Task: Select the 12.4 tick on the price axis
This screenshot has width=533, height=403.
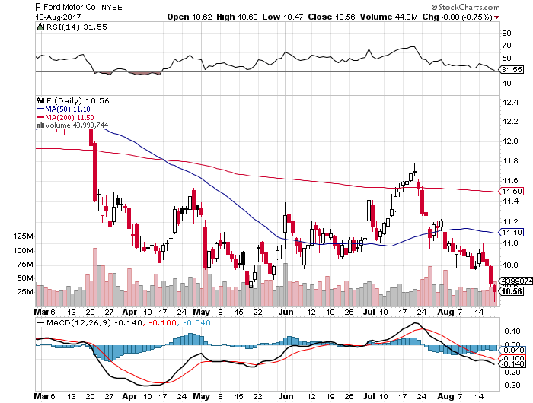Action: click(509, 121)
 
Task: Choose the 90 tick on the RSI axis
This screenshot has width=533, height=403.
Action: click(505, 33)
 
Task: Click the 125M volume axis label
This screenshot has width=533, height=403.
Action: click(24, 237)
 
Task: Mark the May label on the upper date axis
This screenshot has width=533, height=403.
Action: click(201, 312)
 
